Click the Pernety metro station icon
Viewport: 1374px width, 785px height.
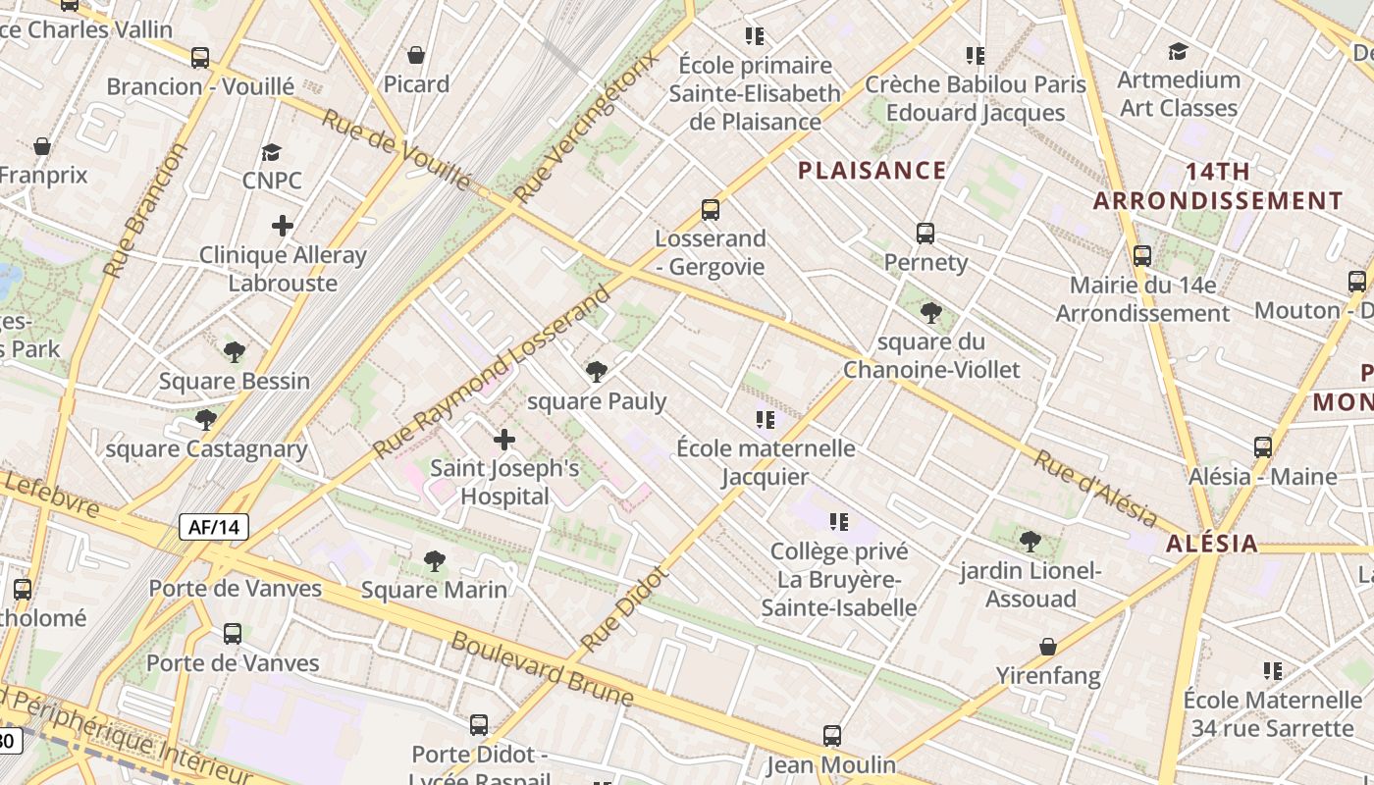[x=925, y=234]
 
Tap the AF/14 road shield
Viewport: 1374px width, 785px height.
[x=214, y=527]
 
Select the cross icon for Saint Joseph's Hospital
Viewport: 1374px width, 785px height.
[x=504, y=440]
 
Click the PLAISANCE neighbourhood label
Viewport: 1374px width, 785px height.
[x=872, y=171]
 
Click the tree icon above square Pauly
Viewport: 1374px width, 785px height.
[x=596, y=372]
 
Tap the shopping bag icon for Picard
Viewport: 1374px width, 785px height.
[x=416, y=55]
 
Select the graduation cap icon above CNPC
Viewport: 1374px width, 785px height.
[x=272, y=152]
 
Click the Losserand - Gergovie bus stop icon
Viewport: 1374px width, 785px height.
[x=711, y=210]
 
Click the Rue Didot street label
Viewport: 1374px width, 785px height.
[x=624, y=608]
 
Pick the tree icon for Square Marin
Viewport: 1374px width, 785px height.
[x=434, y=561]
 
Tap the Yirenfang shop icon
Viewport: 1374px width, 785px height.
[x=1048, y=648]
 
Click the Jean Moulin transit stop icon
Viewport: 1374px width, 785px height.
[x=832, y=736]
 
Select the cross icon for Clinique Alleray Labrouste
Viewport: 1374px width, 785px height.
[x=283, y=227]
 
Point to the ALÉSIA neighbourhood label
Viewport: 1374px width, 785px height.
[x=1211, y=544]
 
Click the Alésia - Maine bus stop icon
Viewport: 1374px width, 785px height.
[x=1263, y=447]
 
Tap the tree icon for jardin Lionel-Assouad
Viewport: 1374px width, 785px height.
[x=1030, y=541]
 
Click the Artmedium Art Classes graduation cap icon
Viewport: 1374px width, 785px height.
[x=1178, y=51]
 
